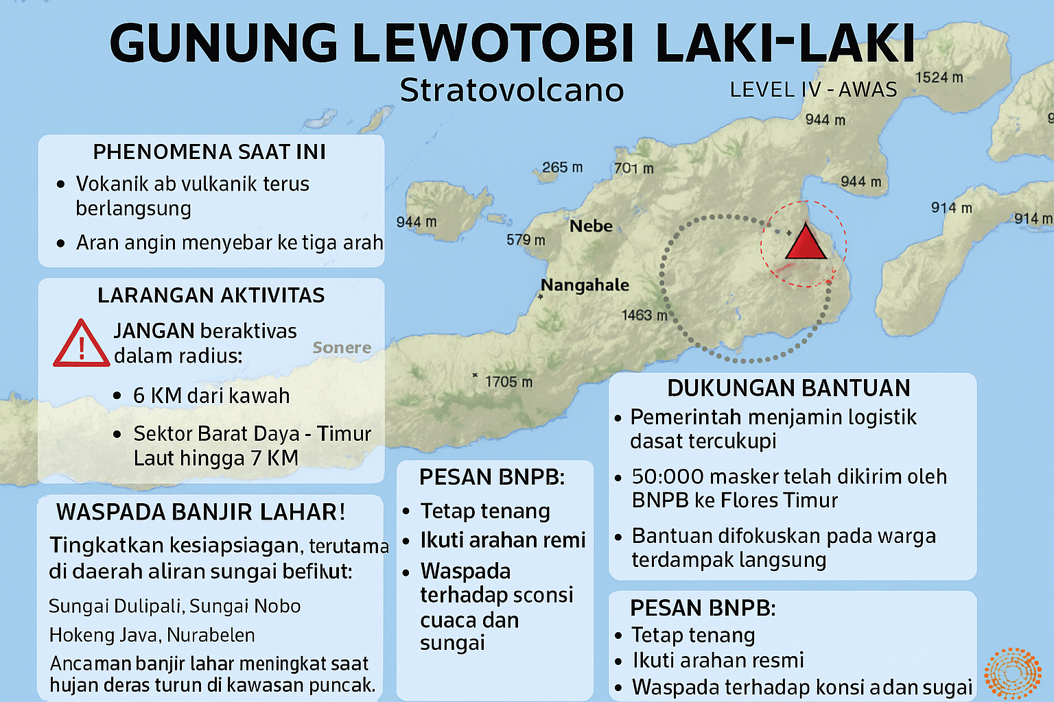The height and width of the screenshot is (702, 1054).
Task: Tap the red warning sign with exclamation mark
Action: [x=81, y=344]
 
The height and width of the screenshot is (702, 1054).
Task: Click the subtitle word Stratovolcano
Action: [x=511, y=90]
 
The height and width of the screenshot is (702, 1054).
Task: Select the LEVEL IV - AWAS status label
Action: [x=813, y=90]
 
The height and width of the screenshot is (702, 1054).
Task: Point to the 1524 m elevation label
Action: [x=939, y=77]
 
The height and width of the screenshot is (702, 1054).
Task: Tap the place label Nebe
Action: [x=591, y=226]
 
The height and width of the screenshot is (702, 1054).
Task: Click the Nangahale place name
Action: [x=585, y=285]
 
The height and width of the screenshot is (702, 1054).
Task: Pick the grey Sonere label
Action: [x=342, y=348]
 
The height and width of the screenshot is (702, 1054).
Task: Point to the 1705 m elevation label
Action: [x=508, y=382]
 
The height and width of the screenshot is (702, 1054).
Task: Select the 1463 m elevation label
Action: [x=644, y=315]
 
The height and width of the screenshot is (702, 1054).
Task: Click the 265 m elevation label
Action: [x=562, y=167]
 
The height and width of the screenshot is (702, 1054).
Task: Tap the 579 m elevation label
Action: [x=526, y=240]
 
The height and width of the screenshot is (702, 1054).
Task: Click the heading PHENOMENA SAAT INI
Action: [x=209, y=152]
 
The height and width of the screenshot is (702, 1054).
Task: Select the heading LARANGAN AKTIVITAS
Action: [x=211, y=295]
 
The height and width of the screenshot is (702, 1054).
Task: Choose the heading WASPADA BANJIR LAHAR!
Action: [x=200, y=512]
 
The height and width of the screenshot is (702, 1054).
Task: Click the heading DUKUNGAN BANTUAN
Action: [x=788, y=388]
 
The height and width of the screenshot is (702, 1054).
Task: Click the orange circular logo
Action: [x=1012, y=674]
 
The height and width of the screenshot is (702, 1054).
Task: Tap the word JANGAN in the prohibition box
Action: [x=154, y=331]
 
